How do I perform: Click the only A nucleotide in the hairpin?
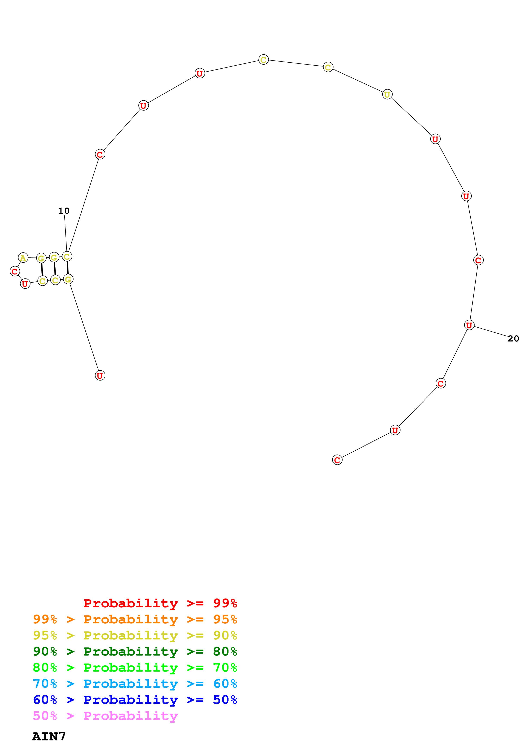tap(23, 258)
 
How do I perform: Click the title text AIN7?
tap(49, 737)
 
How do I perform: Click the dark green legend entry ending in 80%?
tap(135, 651)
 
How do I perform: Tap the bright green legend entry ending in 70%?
tap(135, 668)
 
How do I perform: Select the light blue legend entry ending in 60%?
tap(135, 684)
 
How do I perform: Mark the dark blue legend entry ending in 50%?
tap(135, 700)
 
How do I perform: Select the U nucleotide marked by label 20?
tap(469, 325)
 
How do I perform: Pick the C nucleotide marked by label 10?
tap(67, 256)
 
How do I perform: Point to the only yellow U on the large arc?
tap(387, 94)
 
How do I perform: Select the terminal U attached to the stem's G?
tap(100, 376)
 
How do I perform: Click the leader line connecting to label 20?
tap(491, 331)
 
